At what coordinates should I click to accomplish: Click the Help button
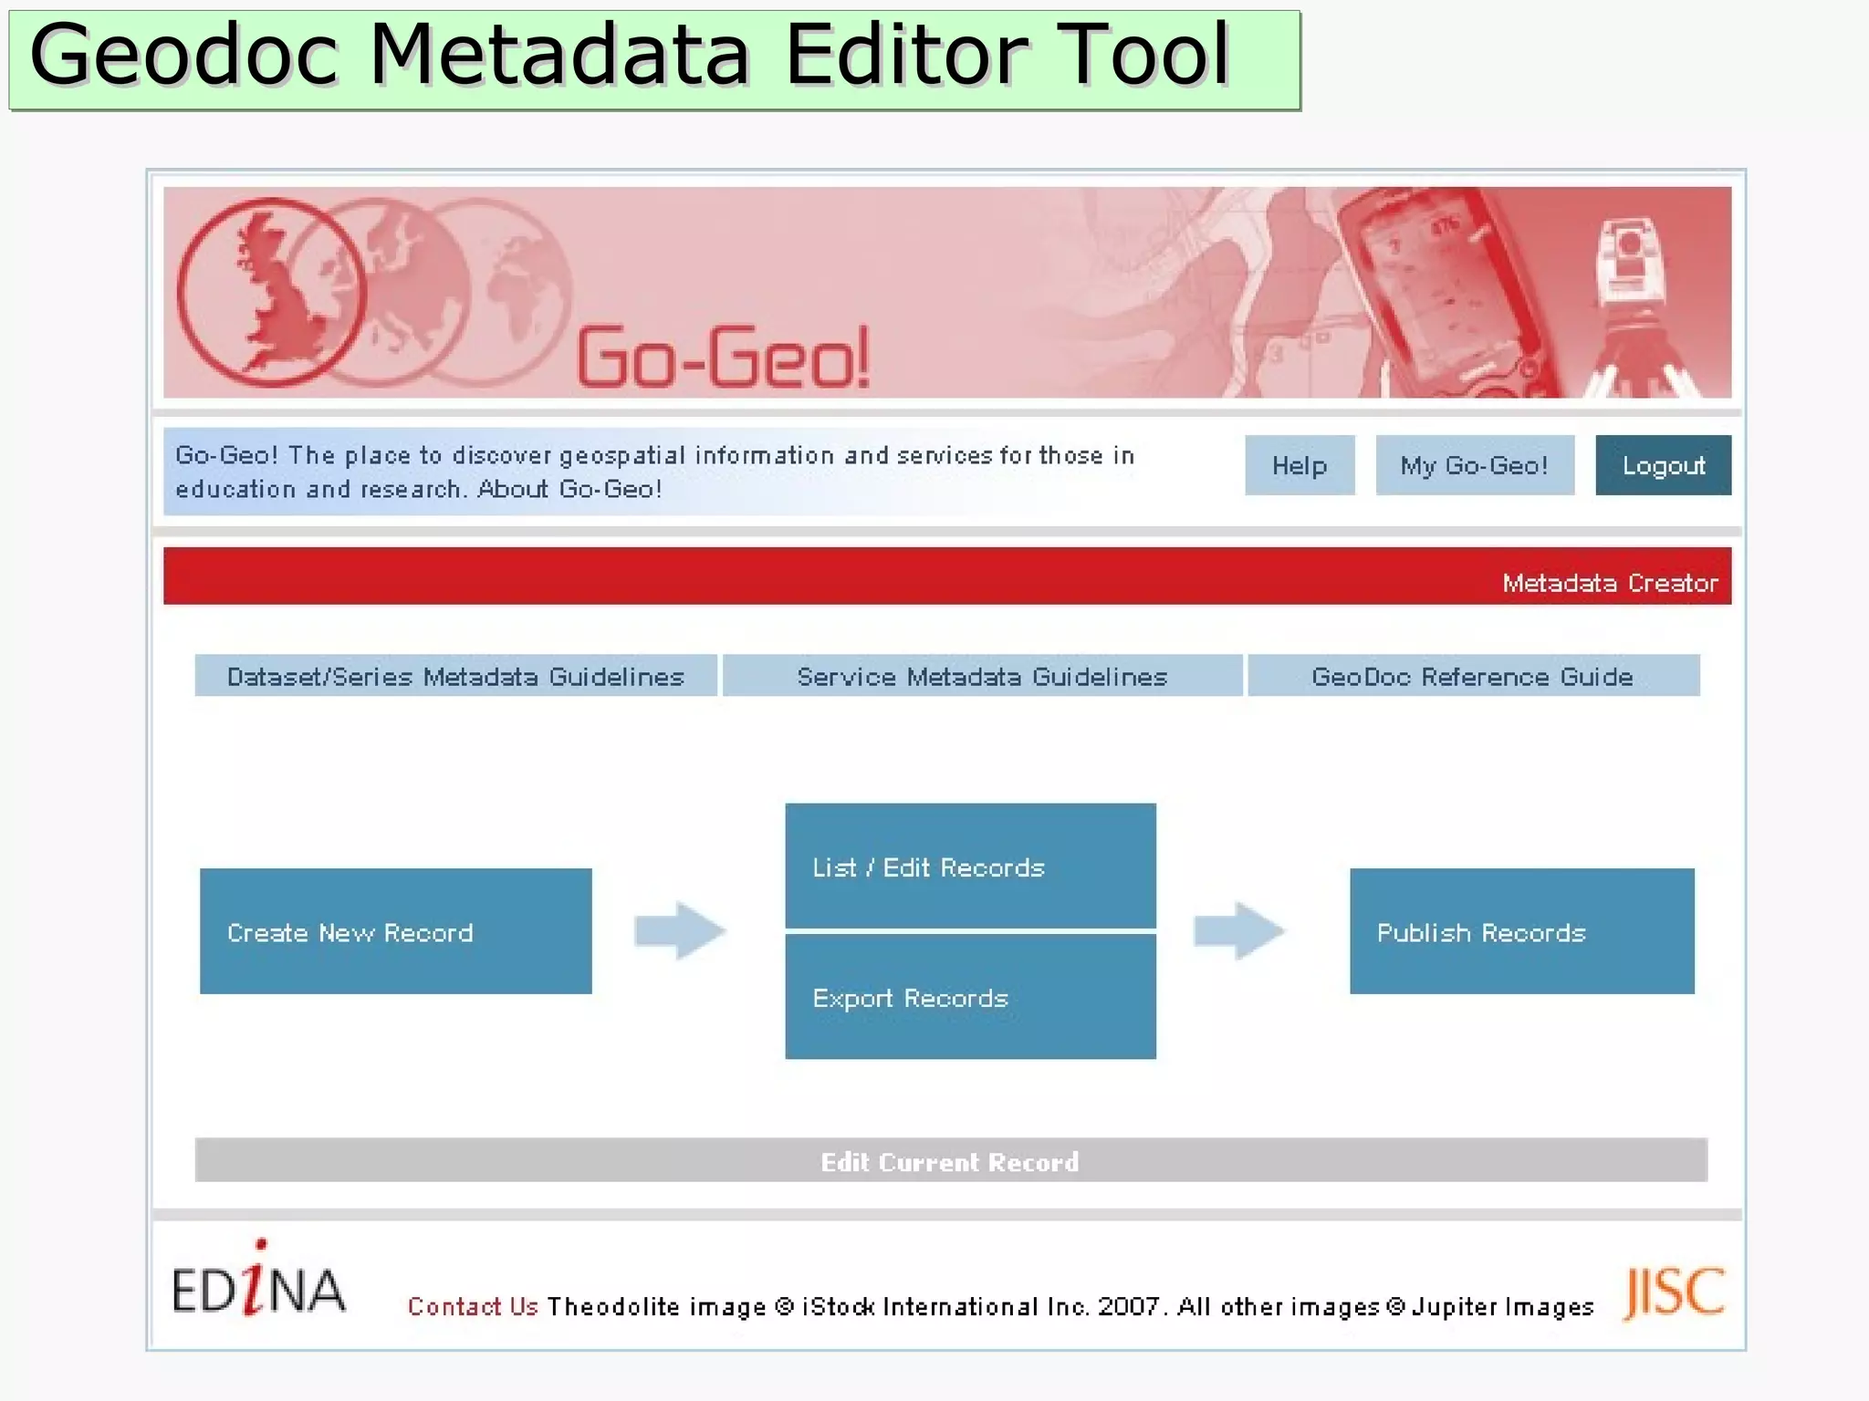1300,465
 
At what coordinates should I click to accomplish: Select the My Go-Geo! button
1474,465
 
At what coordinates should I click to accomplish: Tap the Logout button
1663,465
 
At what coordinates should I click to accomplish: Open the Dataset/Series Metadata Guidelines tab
455,676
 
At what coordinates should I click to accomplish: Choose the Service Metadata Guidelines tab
982,676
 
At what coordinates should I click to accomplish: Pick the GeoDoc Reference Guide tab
1472,676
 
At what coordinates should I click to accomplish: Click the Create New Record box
395,931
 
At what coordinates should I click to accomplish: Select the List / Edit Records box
970,866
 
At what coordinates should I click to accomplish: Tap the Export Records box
970,997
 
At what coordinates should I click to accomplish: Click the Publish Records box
1521,931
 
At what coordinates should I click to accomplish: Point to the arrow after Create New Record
680,930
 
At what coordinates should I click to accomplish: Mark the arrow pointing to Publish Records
1239,930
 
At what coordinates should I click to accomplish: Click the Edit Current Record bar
950,1160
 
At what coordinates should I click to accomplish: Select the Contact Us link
473,1306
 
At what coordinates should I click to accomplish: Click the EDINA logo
258,1282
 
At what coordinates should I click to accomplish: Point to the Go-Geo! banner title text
724,358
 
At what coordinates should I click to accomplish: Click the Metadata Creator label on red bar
1610,583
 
